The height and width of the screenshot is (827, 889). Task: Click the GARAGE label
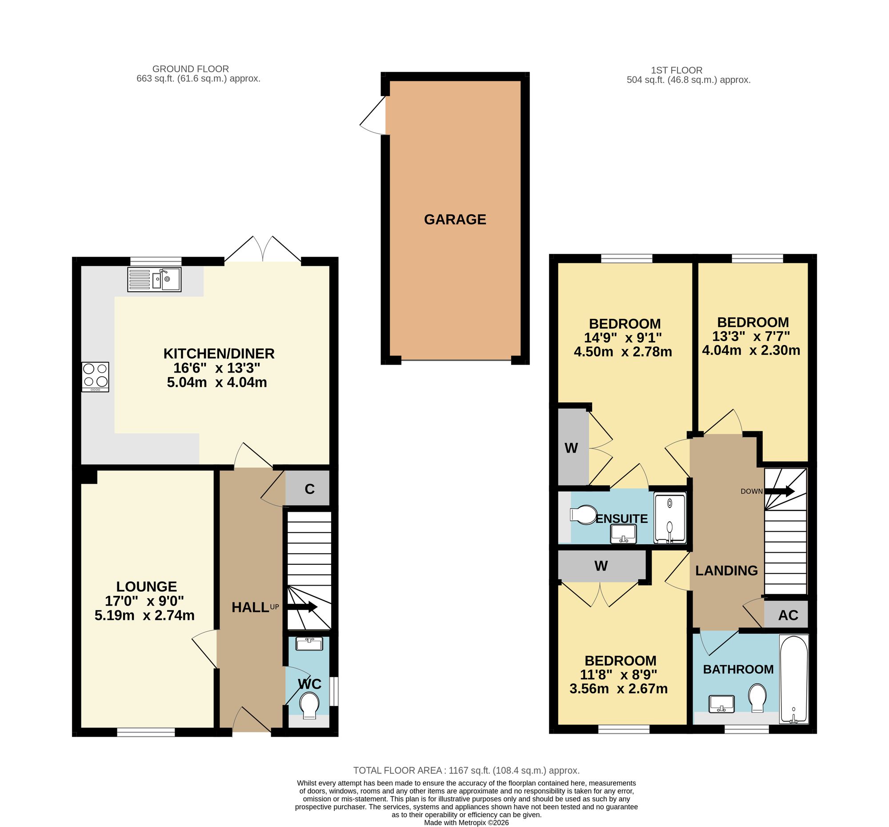tap(455, 219)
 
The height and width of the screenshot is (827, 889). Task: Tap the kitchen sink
tap(154, 280)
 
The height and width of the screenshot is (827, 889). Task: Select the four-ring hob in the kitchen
tap(95, 377)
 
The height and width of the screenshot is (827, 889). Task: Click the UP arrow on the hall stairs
tap(302, 607)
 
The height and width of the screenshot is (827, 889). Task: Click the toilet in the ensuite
tap(583, 514)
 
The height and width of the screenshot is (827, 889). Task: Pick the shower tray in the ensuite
tap(669, 518)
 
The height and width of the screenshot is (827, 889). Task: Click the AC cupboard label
tap(788, 615)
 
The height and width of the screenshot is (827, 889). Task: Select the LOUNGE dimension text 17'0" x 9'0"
tap(144, 600)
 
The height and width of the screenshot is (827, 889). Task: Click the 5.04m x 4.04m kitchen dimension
tap(217, 382)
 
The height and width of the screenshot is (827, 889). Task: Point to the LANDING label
tap(727, 570)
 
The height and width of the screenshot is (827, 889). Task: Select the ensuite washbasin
tap(623, 534)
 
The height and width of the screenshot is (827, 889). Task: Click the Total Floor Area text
tap(466, 770)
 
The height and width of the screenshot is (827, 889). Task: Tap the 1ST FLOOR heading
tap(677, 70)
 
